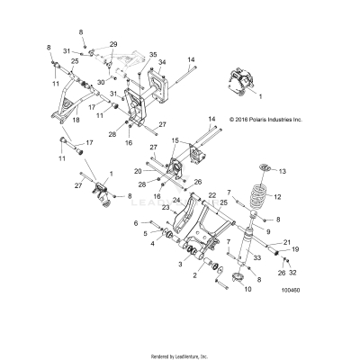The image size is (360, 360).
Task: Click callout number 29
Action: click(113, 44)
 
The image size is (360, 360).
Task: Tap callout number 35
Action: click(152, 55)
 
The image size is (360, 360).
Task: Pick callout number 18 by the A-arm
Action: click(76, 118)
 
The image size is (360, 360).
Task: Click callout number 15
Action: click(176, 140)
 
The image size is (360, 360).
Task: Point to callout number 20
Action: click(138, 170)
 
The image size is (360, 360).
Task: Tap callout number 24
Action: click(176, 200)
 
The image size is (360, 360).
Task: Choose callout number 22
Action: click(211, 194)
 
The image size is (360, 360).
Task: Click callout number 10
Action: click(248, 289)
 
